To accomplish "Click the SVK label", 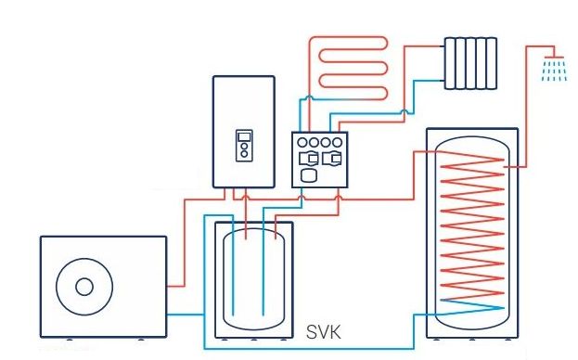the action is (x=324, y=332).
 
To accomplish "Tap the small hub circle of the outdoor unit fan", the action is (x=84, y=287).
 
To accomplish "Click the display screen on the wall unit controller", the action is (x=244, y=137).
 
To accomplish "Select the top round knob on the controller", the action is (x=244, y=147).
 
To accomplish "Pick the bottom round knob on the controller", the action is (x=244, y=154).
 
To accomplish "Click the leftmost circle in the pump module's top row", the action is (x=302, y=142).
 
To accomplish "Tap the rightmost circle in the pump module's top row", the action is (x=337, y=142).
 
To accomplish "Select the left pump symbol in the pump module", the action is (x=309, y=159).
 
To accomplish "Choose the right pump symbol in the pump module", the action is (x=332, y=159).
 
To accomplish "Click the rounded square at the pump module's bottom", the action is (x=309, y=175).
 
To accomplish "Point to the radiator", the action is (x=470, y=63).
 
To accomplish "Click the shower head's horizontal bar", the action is (x=554, y=58).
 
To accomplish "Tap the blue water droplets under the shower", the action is (x=554, y=71).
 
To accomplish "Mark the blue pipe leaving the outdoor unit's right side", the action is (x=186, y=315).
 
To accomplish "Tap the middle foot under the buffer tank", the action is (x=253, y=339).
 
